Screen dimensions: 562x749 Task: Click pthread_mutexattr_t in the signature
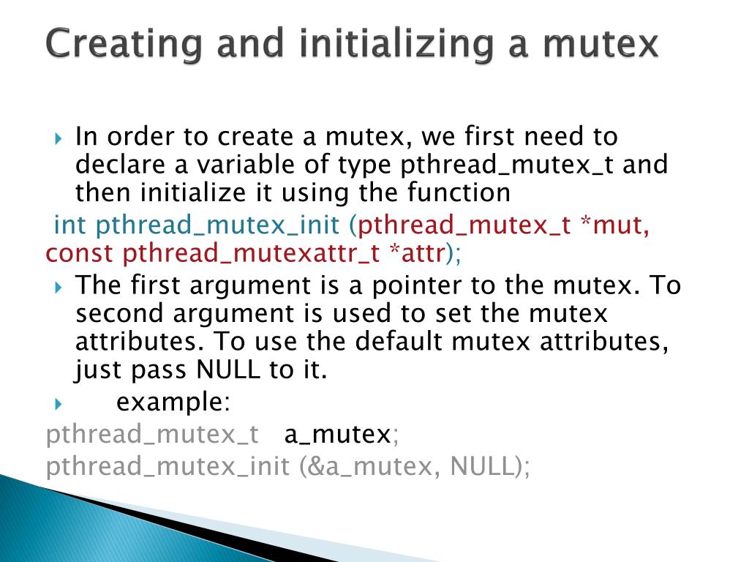pos(251,253)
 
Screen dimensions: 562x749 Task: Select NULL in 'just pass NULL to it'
pos(227,370)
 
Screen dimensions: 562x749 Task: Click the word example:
pos(173,402)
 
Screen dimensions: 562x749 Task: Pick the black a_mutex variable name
pos(337,435)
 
